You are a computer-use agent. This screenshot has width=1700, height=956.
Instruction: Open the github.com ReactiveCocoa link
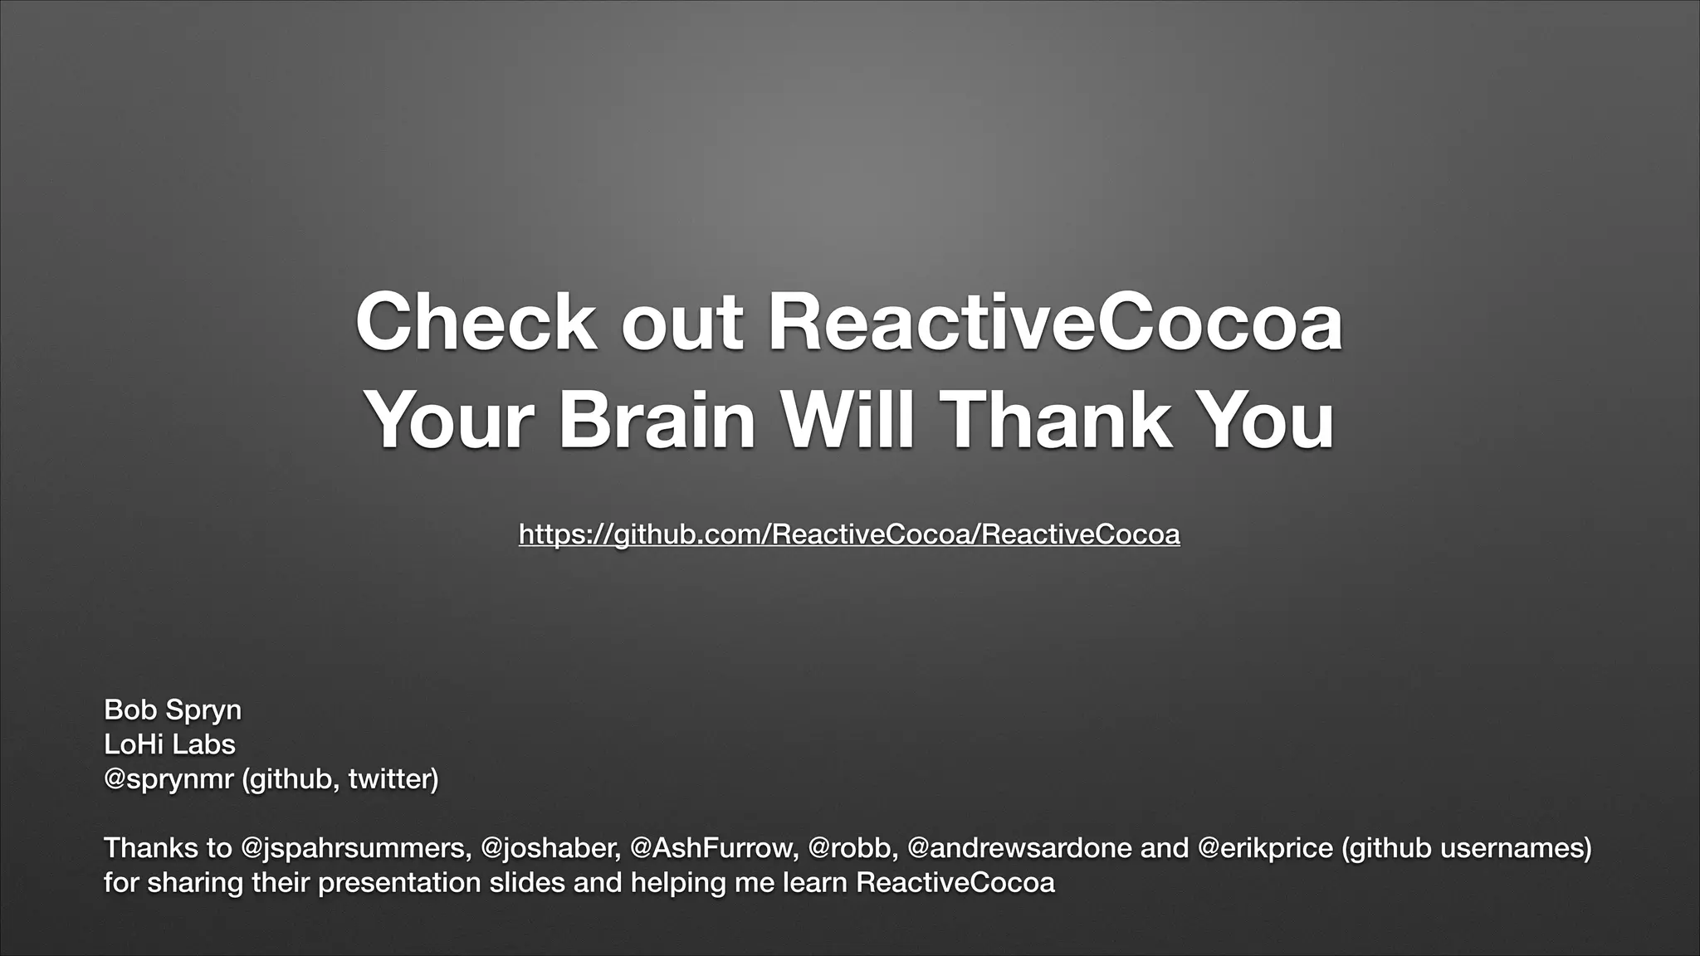(x=849, y=534)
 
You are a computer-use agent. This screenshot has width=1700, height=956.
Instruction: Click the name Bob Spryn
(x=173, y=710)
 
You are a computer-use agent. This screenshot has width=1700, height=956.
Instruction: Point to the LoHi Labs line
(x=169, y=744)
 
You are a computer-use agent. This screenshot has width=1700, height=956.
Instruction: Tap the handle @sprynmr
(x=169, y=779)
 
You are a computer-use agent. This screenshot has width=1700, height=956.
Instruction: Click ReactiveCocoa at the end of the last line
(x=955, y=882)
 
